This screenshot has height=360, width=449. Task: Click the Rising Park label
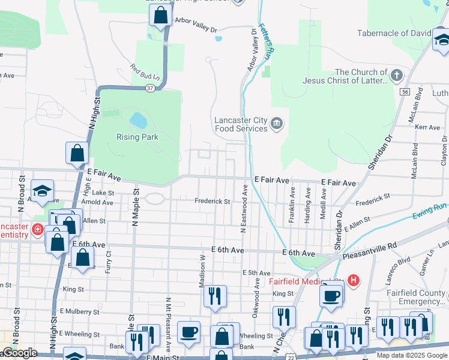click(137, 137)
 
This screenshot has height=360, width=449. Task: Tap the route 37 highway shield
click(149, 88)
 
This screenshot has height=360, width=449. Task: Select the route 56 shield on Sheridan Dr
click(406, 92)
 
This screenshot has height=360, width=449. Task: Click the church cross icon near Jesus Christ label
click(396, 76)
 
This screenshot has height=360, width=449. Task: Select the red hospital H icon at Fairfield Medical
click(354, 280)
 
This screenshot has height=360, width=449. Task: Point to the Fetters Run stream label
click(267, 40)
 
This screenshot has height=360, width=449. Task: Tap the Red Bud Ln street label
click(146, 73)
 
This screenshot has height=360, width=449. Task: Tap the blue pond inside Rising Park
click(138, 120)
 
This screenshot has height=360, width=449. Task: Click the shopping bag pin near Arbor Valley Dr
click(160, 16)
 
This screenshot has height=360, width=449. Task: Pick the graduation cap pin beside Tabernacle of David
click(442, 40)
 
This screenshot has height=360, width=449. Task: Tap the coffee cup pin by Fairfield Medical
click(331, 295)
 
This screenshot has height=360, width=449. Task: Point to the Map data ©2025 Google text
click(412, 355)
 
